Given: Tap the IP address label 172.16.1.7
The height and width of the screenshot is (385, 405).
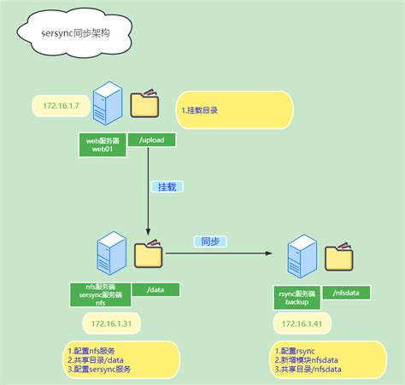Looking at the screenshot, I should (61, 106).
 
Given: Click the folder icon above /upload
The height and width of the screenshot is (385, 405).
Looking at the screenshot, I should (144, 104).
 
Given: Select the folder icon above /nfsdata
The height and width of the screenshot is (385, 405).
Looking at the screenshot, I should (339, 258).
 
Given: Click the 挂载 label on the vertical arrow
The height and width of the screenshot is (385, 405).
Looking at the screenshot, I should (168, 186).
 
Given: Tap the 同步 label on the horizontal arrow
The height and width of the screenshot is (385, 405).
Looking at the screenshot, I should (208, 242).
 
